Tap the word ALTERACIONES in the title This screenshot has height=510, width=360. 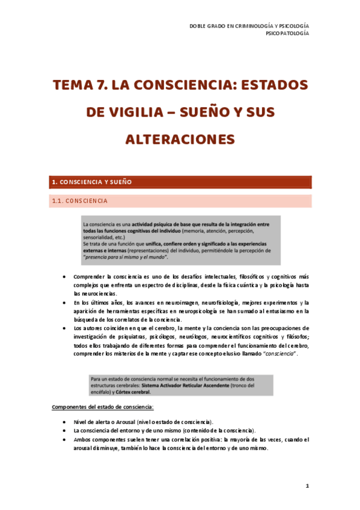pyautogui.click(x=180, y=139)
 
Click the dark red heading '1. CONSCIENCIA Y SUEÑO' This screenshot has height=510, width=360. pyautogui.click(x=92, y=182)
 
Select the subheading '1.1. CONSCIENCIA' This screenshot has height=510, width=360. pyautogui.click(x=80, y=201)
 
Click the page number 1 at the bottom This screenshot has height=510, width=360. pyautogui.click(x=307, y=485)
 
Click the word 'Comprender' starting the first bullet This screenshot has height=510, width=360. pyautogui.click(x=88, y=275)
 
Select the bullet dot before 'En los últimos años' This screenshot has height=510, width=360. pyautogui.click(x=65, y=303)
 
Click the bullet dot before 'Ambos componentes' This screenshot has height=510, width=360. pyautogui.click(x=65, y=440)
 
